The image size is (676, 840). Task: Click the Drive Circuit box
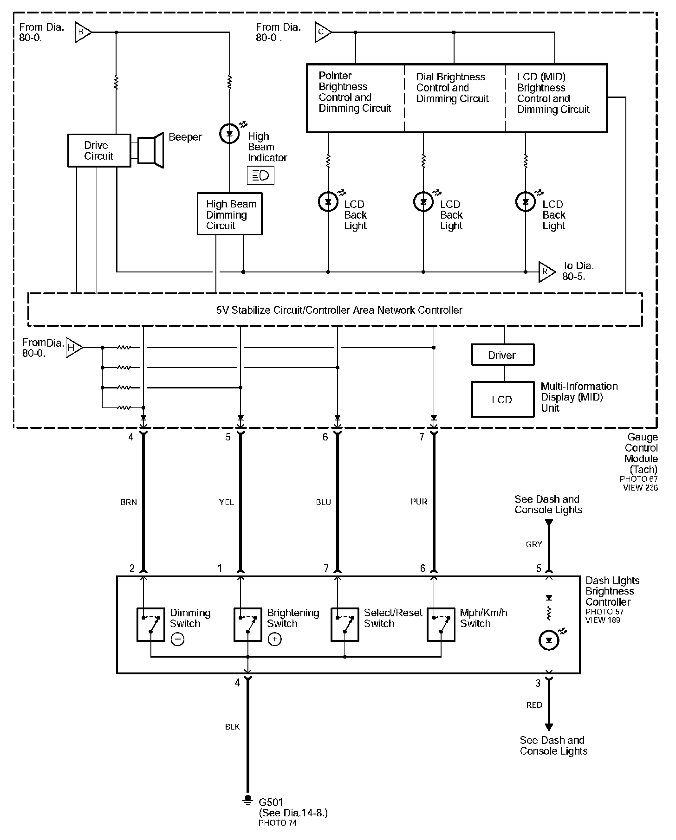point(99,150)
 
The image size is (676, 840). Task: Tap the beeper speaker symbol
point(148,150)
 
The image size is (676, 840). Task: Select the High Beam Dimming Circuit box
point(229,214)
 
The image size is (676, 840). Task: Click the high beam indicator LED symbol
point(229,134)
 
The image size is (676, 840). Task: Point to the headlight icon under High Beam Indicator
point(260,175)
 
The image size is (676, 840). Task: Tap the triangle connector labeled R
point(547,272)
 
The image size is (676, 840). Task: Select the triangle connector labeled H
point(74,347)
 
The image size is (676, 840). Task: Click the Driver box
point(502,355)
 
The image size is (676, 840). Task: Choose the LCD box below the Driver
point(502,400)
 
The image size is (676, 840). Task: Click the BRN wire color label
point(129,502)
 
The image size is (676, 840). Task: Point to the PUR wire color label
point(419,502)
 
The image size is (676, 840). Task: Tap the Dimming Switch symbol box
point(150,625)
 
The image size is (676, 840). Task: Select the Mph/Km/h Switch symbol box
point(441,625)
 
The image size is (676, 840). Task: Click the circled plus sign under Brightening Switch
point(275,640)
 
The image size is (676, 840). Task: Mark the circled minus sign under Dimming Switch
point(178,640)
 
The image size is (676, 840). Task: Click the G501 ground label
point(271,802)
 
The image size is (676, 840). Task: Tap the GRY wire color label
point(534,544)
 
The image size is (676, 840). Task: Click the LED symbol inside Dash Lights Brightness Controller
point(549,640)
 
